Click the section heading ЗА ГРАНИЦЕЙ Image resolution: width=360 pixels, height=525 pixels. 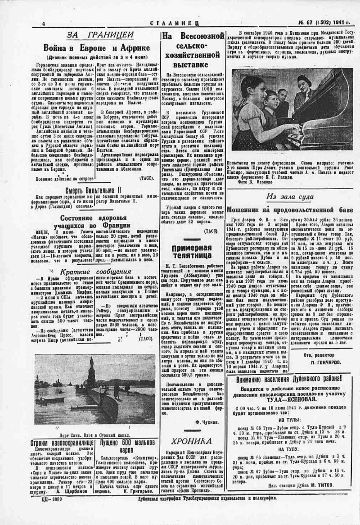[100, 36]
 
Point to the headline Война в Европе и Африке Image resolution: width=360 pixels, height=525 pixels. [97, 48]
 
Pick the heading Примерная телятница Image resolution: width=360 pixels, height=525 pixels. [191, 251]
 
